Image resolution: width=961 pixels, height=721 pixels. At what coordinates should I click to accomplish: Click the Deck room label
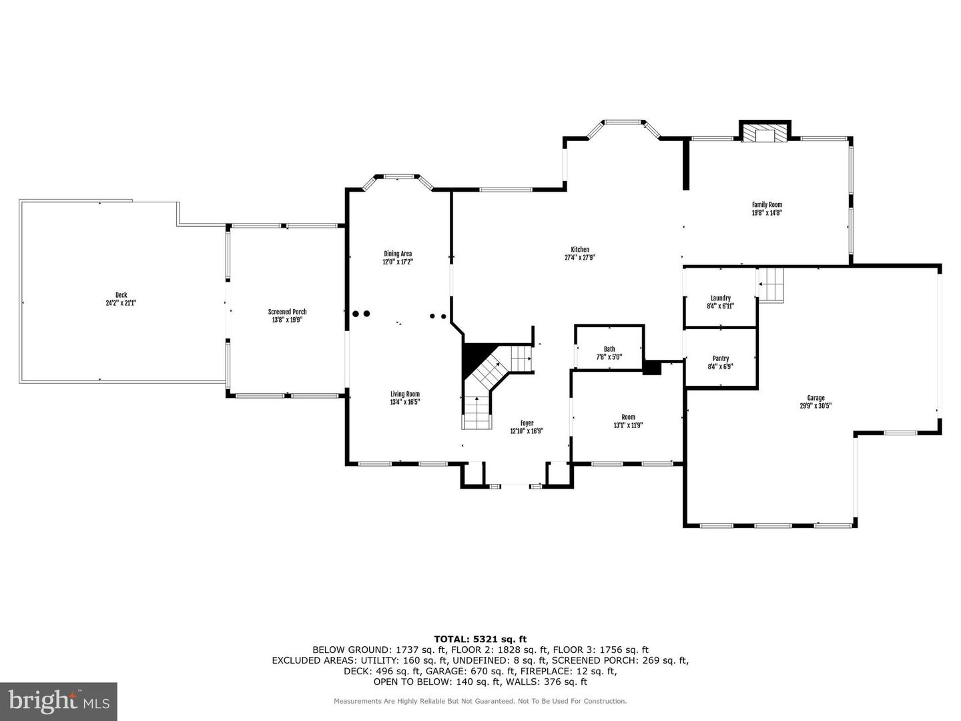[x=121, y=295]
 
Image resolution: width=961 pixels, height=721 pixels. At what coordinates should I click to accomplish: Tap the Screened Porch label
[x=287, y=312]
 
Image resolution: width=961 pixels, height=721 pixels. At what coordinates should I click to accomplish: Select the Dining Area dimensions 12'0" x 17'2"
[x=398, y=262]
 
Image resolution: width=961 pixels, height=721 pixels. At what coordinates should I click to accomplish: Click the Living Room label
[x=405, y=394]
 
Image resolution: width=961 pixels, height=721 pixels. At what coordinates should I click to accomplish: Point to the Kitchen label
[x=579, y=250]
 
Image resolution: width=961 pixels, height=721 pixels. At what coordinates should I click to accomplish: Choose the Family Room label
[x=767, y=205]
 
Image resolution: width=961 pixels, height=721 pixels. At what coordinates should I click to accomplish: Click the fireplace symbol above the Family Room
[x=764, y=134]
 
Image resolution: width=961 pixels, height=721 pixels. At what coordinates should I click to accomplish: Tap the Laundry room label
[x=720, y=298]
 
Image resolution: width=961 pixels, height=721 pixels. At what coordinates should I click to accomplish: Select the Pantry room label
[x=721, y=358]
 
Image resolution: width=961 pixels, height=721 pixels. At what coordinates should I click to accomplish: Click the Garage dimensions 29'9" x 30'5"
[x=816, y=406]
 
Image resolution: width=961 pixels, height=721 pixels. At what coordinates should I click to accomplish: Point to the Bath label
[x=609, y=348]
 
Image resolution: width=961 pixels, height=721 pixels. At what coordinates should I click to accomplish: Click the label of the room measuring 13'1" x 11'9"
[x=628, y=417]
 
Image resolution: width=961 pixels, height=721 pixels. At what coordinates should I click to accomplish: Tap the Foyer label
[x=527, y=423]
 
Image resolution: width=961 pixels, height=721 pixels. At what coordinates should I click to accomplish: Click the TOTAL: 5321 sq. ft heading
[x=480, y=639]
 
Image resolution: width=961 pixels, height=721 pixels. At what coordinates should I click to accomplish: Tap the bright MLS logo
[x=59, y=701]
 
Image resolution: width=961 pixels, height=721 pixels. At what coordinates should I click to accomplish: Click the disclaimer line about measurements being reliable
[x=480, y=701]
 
